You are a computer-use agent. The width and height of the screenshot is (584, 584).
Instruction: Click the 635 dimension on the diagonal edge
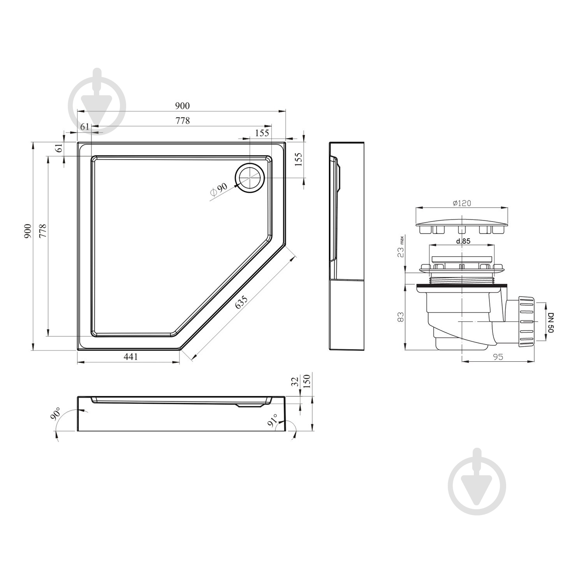pos(241,302)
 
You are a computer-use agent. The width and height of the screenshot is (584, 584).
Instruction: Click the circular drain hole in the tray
pos(250,178)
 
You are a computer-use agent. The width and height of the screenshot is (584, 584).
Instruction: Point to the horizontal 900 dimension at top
pos(182,106)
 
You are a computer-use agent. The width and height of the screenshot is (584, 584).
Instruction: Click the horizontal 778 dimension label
pos(182,121)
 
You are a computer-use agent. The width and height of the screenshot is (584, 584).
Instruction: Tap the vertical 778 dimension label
pos(42,231)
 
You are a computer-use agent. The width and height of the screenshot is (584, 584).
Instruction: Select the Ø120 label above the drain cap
pos(462,203)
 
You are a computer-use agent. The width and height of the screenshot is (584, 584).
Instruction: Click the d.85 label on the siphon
pos(463,241)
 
